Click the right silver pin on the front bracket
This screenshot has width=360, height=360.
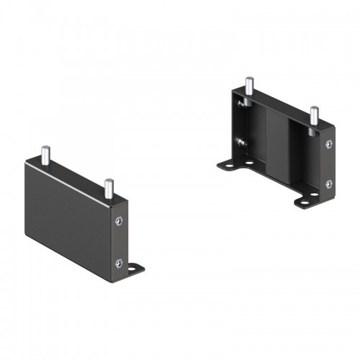coord(109,188)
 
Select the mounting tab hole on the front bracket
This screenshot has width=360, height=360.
coord(135,269)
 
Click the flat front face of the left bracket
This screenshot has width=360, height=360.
coord(68,216)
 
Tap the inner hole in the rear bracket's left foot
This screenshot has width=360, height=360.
coord(248,163)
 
